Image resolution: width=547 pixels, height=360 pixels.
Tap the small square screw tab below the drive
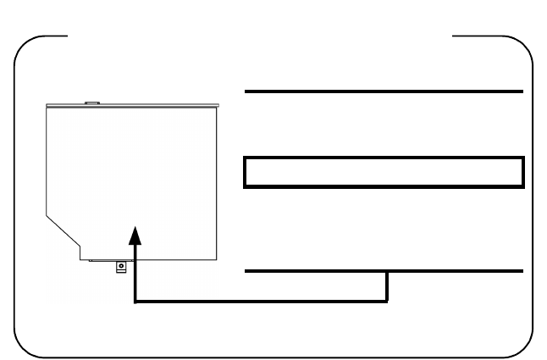click(x=121, y=265)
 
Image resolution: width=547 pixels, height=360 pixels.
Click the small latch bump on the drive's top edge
click(x=93, y=103)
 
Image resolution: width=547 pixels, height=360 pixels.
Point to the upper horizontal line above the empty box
click(x=384, y=90)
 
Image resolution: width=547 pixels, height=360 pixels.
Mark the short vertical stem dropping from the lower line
click(x=388, y=285)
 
